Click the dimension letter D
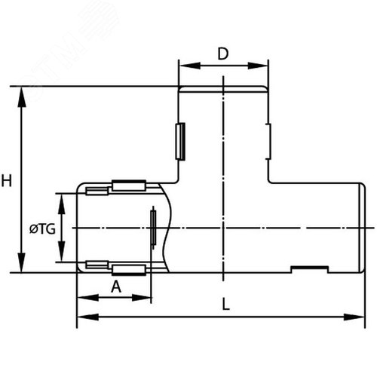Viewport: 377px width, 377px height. point(223,54)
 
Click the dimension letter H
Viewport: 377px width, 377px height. point(7,181)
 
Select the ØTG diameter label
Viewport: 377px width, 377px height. point(42,229)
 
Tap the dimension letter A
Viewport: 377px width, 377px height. point(116,287)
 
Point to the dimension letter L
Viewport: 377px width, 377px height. point(226,304)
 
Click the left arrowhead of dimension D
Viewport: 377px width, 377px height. point(190,66)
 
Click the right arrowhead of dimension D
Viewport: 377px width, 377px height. point(258,66)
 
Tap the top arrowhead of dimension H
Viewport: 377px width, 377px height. point(22,97)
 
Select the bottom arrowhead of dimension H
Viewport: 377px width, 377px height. point(22,262)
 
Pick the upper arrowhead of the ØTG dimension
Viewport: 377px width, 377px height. point(62,204)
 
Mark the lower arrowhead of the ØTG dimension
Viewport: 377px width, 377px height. point(62,252)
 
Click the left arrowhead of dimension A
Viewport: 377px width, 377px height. point(87,298)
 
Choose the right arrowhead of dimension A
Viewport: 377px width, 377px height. point(141,298)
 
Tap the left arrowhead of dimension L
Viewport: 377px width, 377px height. point(87,317)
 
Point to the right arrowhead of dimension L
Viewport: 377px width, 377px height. point(354,317)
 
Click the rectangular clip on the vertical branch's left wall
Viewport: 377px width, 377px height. point(180,142)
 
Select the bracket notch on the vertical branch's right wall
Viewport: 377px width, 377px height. point(268,142)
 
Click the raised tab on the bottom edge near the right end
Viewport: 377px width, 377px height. point(310,269)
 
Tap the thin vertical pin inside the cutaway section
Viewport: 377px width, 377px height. point(153,228)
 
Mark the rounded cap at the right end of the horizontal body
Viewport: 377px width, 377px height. point(362,228)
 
